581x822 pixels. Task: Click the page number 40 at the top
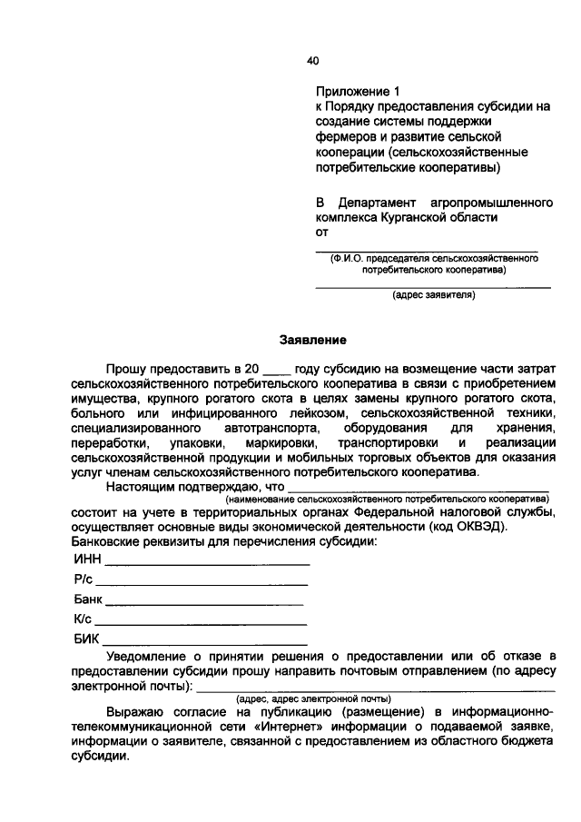(313, 61)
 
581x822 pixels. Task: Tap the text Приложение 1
(357, 92)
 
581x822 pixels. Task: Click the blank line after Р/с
(202, 583)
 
